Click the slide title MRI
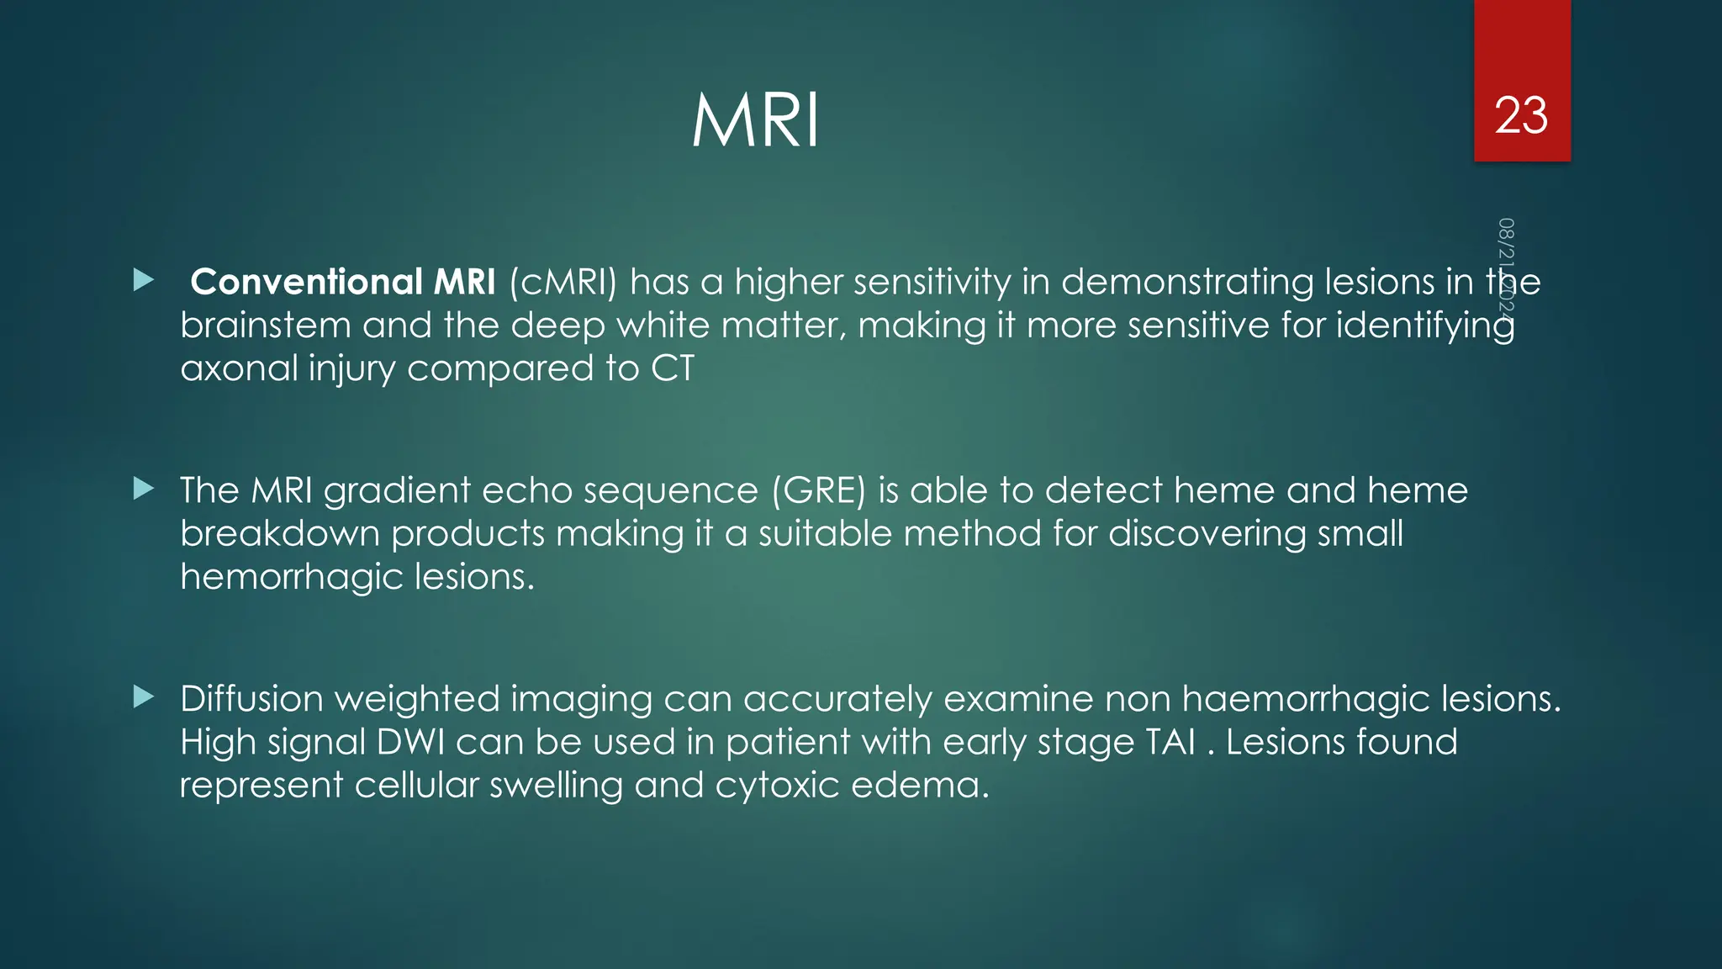755,122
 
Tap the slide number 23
1521,115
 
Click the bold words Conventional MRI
343,282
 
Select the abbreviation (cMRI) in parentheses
563,282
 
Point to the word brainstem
265,326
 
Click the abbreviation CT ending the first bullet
673,368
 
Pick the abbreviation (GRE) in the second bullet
818,490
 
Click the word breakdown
279,533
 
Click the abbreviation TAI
1170,742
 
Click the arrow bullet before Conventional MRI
144,280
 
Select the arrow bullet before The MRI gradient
144,489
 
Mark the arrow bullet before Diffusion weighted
144,697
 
